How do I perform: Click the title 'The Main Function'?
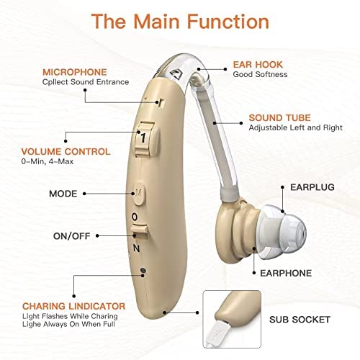point(180,22)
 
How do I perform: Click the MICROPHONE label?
point(75,72)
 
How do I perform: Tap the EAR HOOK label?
point(258,64)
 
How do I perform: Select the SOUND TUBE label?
point(279,117)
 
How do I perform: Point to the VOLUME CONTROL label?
point(66,151)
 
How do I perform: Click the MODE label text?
point(63,194)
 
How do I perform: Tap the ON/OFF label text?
point(72,236)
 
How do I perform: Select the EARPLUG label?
point(312,187)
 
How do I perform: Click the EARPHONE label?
point(286,273)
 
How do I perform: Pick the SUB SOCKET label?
point(300,320)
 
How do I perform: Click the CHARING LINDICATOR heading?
point(74,306)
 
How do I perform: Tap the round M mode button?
point(139,194)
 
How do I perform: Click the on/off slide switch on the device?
point(139,231)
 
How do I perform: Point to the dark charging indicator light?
point(143,270)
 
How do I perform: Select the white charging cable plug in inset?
point(217,333)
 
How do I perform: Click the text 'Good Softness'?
point(260,74)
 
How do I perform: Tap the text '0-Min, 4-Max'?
point(48,161)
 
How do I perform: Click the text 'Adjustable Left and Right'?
point(295,127)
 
